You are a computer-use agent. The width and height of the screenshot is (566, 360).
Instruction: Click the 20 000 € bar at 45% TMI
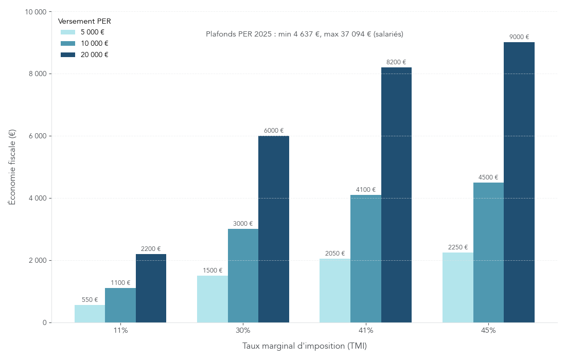pyautogui.click(x=519, y=183)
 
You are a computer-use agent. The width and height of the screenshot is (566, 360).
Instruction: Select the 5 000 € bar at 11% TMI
pyautogui.click(x=90, y=314)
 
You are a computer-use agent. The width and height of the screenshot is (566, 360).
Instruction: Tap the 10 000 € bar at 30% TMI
pyautogui.click(x=243, y=276)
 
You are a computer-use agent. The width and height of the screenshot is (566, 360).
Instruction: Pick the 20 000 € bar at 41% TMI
pyautogui.click(x=396, y=195)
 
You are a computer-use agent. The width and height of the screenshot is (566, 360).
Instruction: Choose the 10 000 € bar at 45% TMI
pyautogui.click(x=488, y=253)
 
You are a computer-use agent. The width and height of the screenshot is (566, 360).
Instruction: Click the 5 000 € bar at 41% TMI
pyautogui.click(x=335, y=291)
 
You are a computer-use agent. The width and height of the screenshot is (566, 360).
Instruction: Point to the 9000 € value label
pyautogui.click(x=519, y=37)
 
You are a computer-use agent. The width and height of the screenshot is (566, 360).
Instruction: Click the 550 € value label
pyautogui.click(x=90, y=300)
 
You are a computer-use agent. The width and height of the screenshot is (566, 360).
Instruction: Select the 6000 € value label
pyautogui.click(x=274, y=131)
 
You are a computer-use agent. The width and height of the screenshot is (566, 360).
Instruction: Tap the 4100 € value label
pyautogui.click(x=366, y=190)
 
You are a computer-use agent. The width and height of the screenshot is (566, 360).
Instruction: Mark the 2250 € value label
pyautogui.click(x=458, y=247)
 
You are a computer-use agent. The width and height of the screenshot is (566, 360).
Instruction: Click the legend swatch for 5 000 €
pyautogui.click(x=68, y=32)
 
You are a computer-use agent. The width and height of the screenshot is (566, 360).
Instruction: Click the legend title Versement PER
pyautogui.click(x=84, y=21)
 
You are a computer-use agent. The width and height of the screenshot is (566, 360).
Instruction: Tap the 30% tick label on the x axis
pyautogui.click(x=243, y=330)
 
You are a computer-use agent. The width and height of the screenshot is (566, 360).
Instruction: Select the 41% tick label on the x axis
pyautogui.click(x=366, y=330)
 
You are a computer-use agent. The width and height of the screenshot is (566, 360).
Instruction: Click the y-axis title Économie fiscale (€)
pyautogui.click(x=12, y=167)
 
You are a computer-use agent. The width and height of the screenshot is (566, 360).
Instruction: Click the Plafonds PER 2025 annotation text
pyautogui.click(x=304, y=34)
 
